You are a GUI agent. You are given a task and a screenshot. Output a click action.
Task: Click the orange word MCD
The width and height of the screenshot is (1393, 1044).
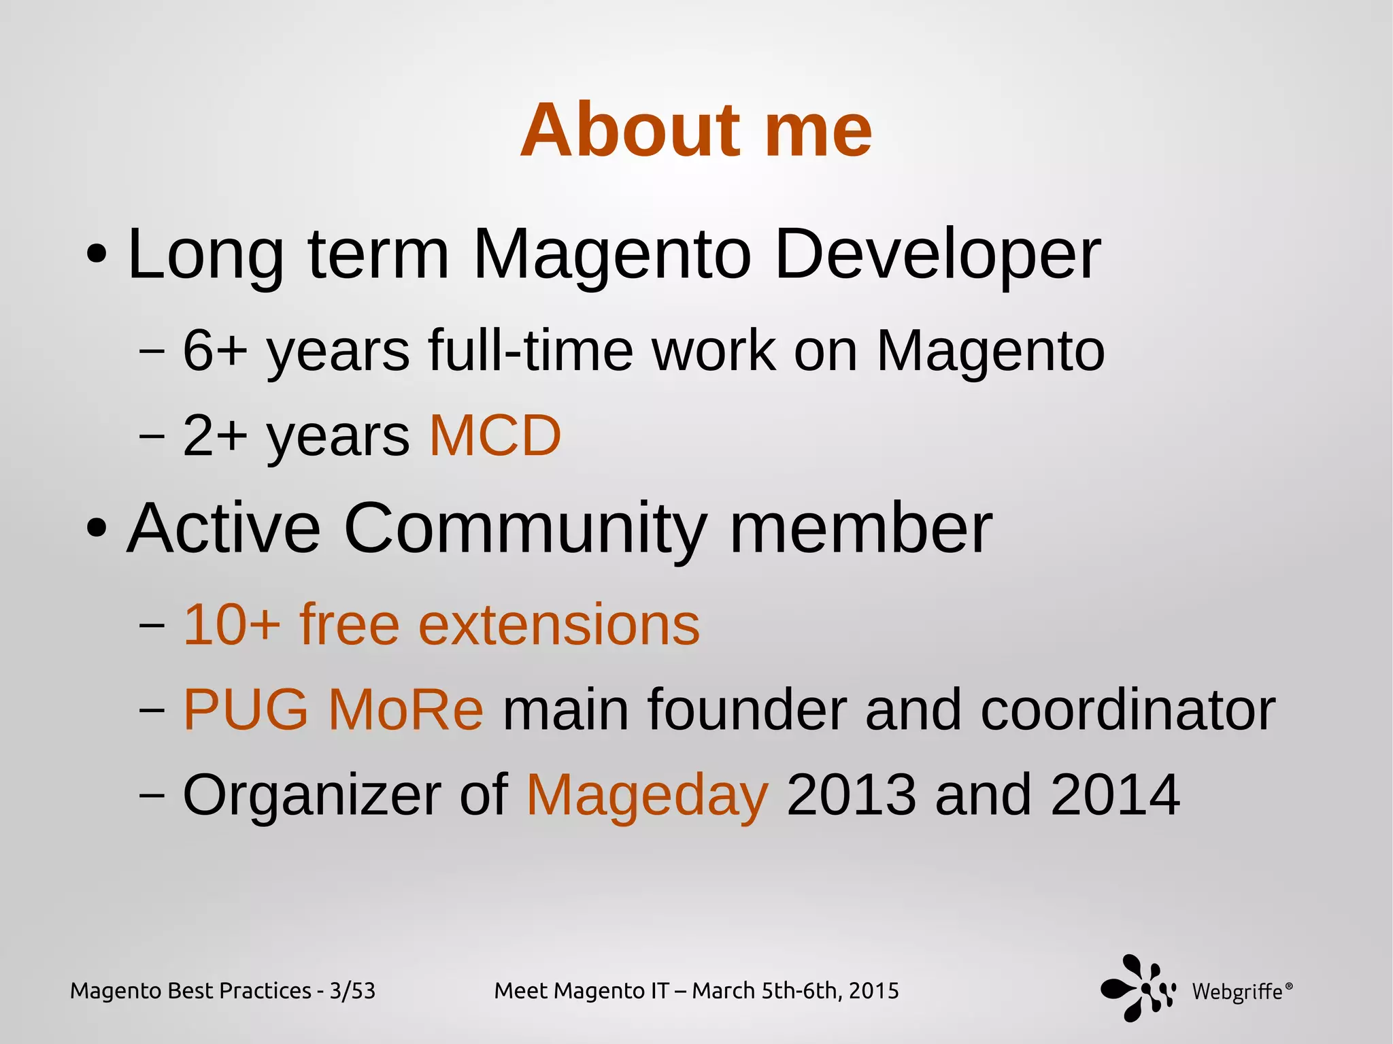tap(495, 435)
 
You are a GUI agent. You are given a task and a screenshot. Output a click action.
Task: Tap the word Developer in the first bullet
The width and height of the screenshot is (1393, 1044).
tap(937, 254)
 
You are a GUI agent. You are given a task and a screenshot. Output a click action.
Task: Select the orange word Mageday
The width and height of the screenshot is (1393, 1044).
tap(647, 794)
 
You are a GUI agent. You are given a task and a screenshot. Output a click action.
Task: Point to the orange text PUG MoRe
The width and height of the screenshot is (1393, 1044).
tap(333, 709)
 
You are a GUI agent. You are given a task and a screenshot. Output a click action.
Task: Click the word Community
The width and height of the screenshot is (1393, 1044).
tap(525, 528)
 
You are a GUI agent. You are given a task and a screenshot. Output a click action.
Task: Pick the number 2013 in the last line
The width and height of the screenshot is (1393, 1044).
tap(851, 794)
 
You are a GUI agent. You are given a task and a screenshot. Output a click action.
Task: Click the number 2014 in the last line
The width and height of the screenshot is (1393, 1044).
tap(1115, 794)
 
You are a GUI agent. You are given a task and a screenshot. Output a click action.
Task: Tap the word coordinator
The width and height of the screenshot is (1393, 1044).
tap(1128, 709)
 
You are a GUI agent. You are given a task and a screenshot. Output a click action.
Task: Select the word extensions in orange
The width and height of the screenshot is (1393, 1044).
tap(559, 624)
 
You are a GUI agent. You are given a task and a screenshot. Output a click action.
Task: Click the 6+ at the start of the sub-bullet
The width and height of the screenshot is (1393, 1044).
tap(215, 351)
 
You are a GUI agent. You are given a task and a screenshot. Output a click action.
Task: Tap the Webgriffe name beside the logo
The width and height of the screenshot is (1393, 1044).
tap(1238, 992)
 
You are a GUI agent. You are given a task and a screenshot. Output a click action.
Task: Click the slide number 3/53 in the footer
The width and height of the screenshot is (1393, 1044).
tap(352, 991)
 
